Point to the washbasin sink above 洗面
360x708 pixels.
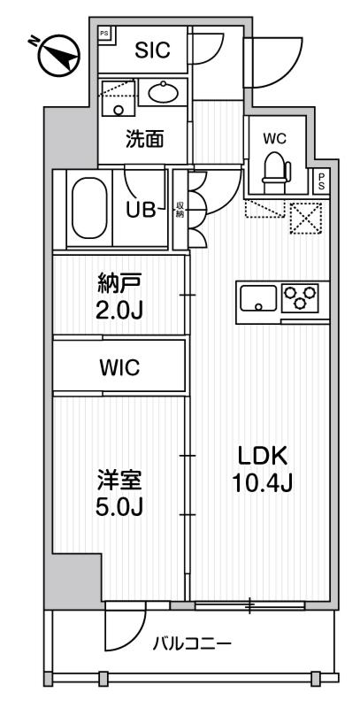pyautogui.click(x=161, y=91)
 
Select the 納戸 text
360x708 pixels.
pyautogui.click(x=118, y=285)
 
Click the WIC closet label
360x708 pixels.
pyautogui.click(x=119, y=367)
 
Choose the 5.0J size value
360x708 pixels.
pyautogui.click(x=118, y=508)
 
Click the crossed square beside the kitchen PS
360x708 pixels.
pyautogui.click(x=305, y=218)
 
